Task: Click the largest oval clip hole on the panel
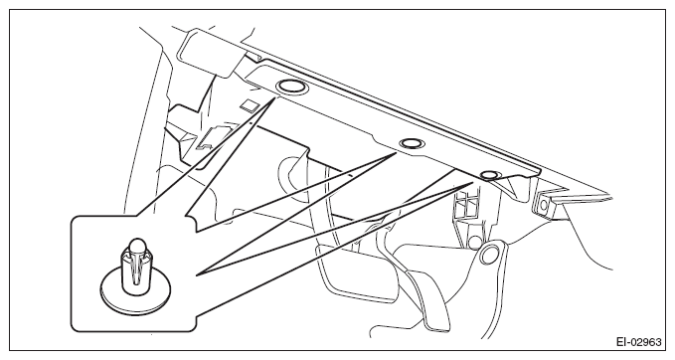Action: [x=292, y=87]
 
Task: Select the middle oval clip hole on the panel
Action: [x=411, y=143]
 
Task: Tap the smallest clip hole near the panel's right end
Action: [x=489, y=175]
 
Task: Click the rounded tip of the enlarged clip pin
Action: [x=137, y=246]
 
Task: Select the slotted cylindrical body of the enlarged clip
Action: [x=135, y=270]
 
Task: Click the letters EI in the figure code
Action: [x=621, y=342]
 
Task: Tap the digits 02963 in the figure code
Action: [x=646, y=342]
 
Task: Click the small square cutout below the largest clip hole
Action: [x=250, y=105]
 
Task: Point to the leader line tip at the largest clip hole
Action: [x=274, y=98]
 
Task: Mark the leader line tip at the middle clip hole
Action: [x=396, y=153]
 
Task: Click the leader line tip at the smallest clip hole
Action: [x=472, y=183]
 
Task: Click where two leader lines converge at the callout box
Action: [x=197, y=274]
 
